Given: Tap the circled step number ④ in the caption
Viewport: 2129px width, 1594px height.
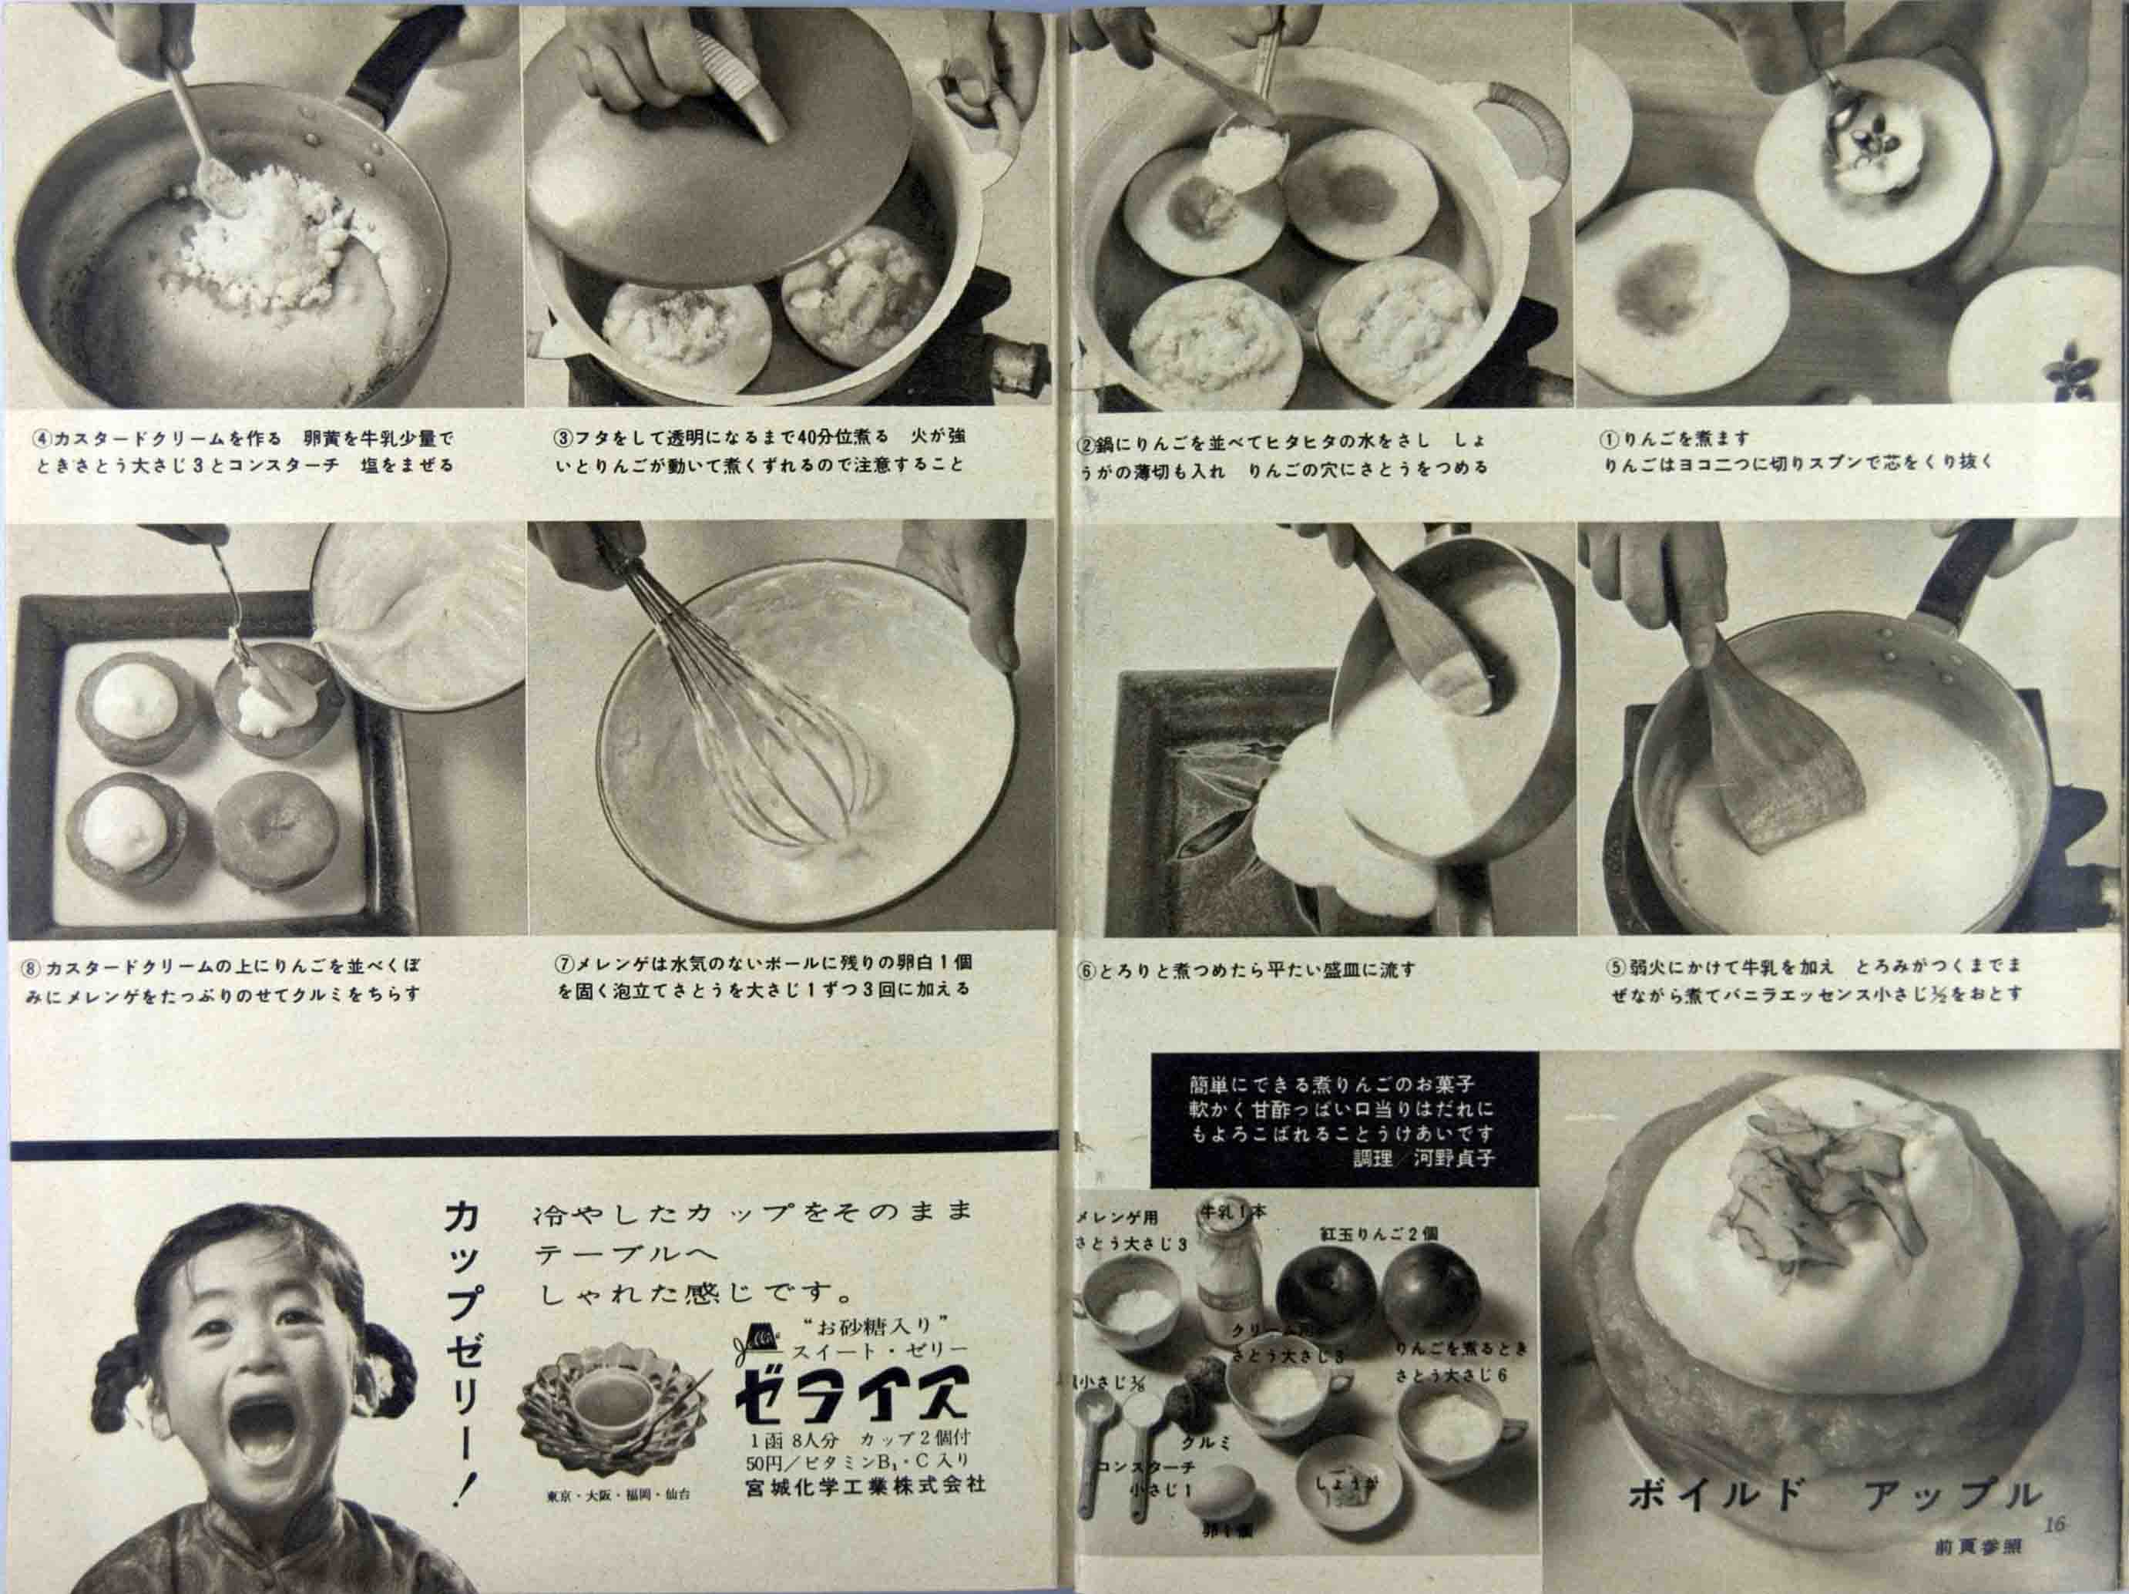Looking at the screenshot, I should [x=42, y=439].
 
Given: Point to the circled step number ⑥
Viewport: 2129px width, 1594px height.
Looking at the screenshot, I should [x=1086, y=970].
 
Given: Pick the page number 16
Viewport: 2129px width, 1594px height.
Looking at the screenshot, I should [x=2052, y=1524].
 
